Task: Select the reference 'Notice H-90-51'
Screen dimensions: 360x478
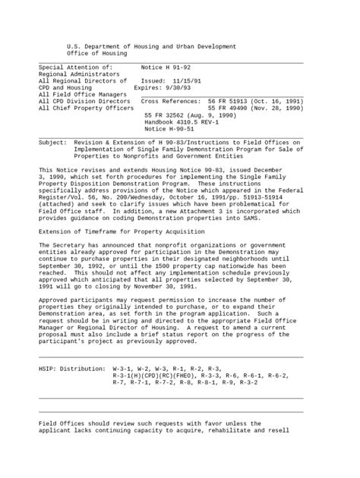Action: pos(169,129)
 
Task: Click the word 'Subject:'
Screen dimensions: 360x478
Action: pos(52,142)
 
